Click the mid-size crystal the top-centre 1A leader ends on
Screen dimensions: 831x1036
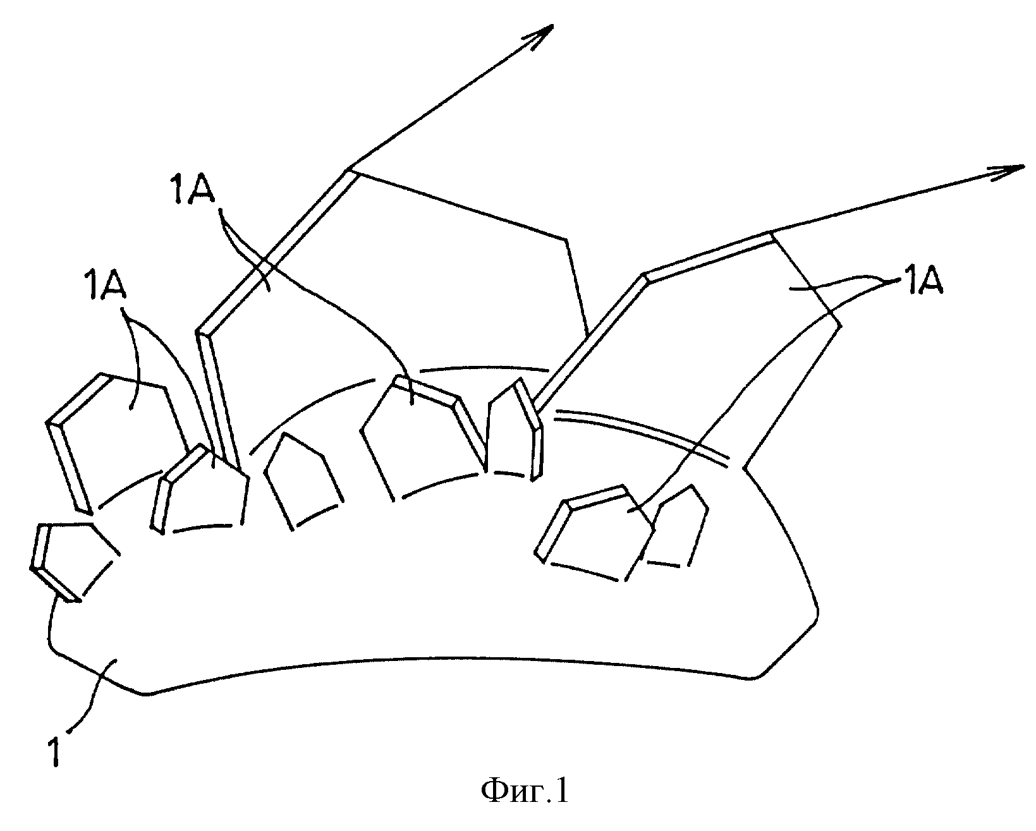pos(424,442)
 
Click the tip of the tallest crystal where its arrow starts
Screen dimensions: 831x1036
pos(348,169)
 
